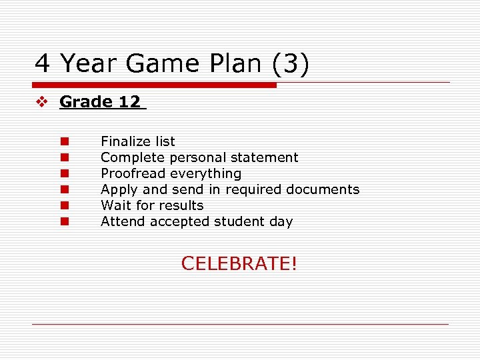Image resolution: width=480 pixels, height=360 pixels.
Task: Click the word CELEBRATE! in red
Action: pos(239,263)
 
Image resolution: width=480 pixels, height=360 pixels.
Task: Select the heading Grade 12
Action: pos(100,102)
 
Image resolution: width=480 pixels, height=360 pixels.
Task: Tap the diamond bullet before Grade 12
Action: pos(41,102)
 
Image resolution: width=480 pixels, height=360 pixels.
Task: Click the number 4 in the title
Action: pos(43,63)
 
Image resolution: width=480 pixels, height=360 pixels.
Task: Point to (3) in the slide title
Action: pos(290,63)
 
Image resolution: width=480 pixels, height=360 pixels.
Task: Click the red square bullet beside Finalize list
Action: pos(65,141)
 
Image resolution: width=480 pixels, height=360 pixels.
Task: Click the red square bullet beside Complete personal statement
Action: pos(65,157)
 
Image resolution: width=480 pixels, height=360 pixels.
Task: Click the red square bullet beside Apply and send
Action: pos(65,189)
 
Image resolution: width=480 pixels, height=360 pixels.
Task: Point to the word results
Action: pos(181,205)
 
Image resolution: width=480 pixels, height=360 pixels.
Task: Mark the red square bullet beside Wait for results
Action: pos(65,205)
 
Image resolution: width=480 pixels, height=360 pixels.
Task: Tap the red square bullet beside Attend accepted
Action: pos(65,221)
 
